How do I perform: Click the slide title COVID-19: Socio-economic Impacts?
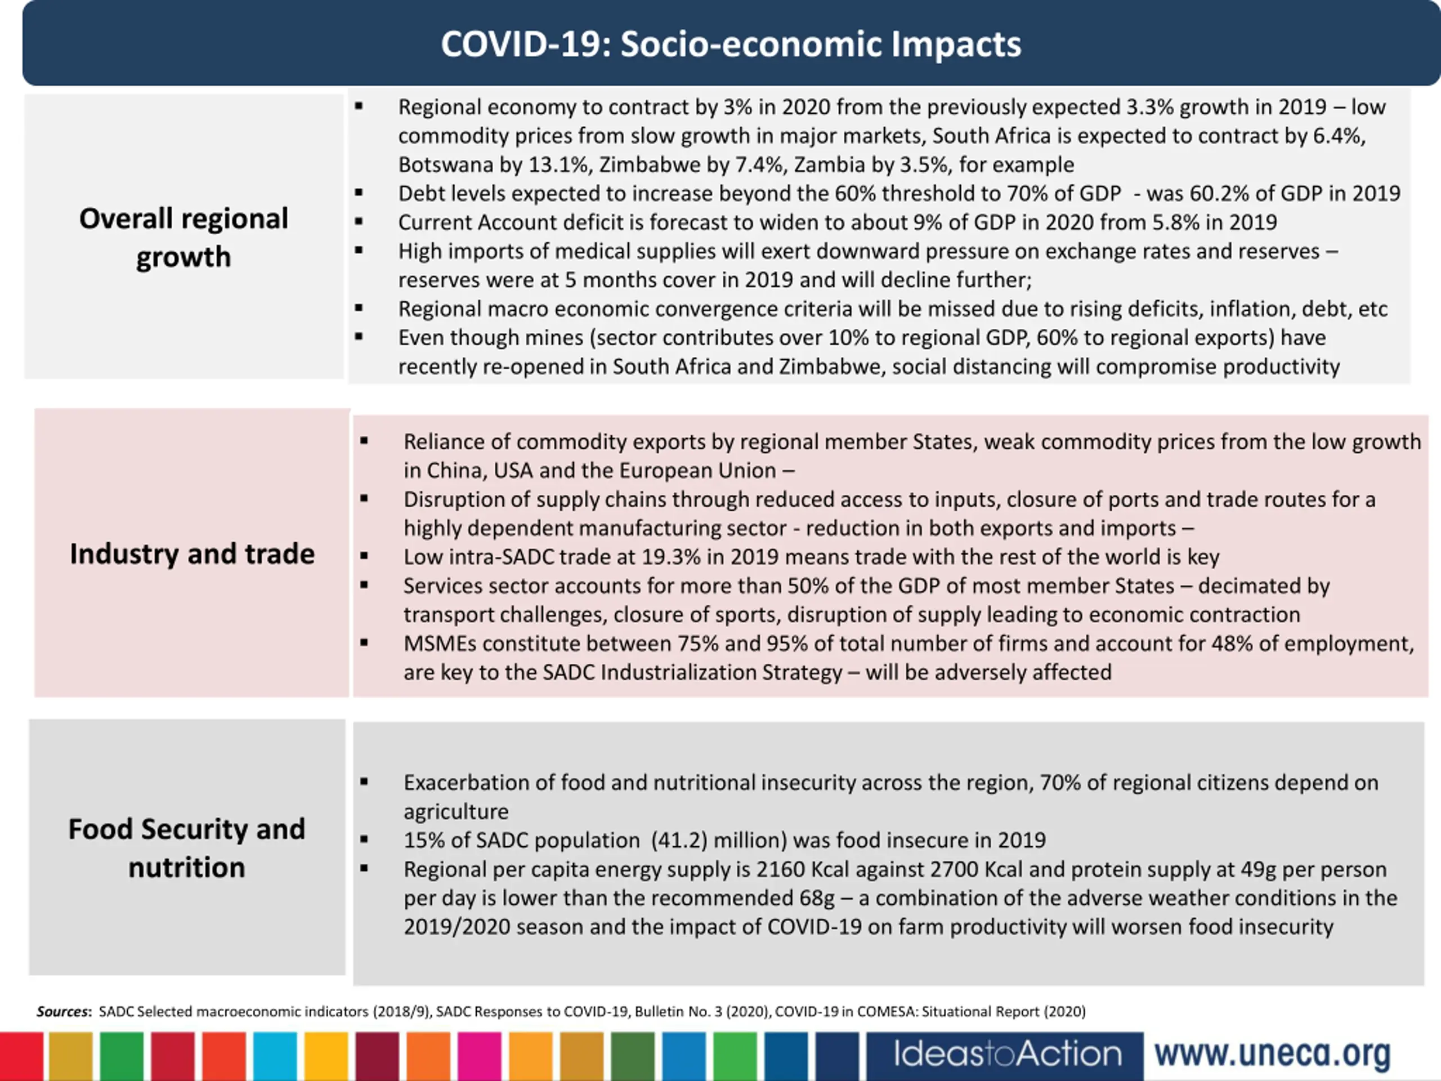pos(731,44)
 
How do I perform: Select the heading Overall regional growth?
pos(184,237)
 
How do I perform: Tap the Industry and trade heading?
pos(192,554)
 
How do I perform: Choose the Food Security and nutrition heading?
pos(187,848)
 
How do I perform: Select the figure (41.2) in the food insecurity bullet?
pos(679,841)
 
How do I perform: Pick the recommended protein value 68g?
pos(817,899)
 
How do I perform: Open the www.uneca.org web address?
pos(1272,1055)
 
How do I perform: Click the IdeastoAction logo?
pos(1007,1055)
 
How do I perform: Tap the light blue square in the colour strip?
pos(275,1057)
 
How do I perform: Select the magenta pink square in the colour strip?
pos(480,1057)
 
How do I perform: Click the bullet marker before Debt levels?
pos(359,193)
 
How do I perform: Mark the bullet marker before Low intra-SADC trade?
pos(364,556)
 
